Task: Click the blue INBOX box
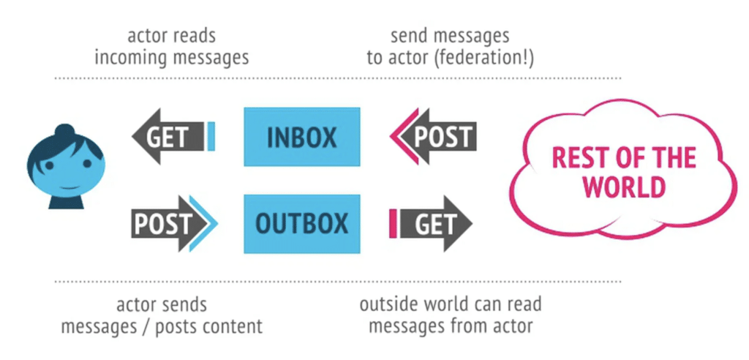click(x=301, y=137)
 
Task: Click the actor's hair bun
click(x=65, y=134)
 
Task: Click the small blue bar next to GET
click(x=211, y=137)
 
